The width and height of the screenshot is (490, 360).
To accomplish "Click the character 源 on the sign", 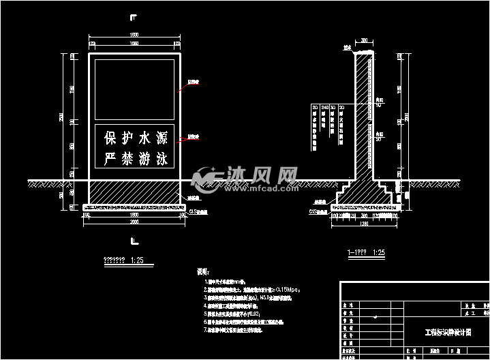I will [x=162, y=138].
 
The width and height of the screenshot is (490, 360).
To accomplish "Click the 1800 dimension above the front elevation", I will [x=134, y=35].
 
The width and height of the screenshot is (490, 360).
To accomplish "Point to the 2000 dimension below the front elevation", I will [x=134, y=222].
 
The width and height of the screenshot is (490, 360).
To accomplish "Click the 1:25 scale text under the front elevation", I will [x=137, y=260].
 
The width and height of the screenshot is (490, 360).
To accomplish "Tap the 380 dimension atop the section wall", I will [x=365, y=40].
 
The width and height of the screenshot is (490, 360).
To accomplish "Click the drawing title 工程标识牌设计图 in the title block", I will [x=447, y=333].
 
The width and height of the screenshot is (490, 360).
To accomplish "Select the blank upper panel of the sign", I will [x=134, y=90].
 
